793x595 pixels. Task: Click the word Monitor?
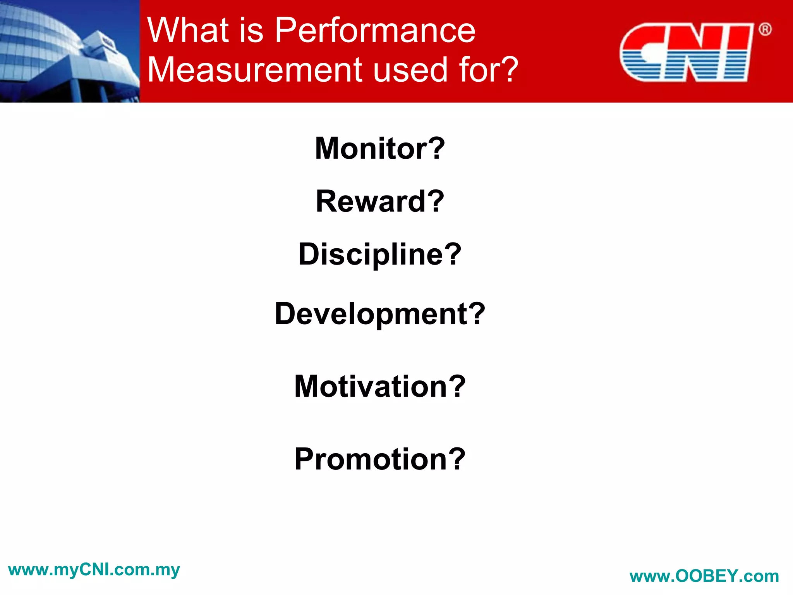click(x=380, y=149)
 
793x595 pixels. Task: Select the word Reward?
click(x=380, y=201)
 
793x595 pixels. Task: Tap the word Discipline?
click(x=380, y=255)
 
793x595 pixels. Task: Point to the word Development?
click(x=380, y=314)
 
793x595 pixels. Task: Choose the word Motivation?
click(x=380, y=387)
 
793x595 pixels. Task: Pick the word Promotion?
click(x=380, y=459)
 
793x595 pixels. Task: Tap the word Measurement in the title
click(x=255, y=70)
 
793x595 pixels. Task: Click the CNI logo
click(x=687, y=52)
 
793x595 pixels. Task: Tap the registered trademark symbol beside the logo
click(x=765, y=29)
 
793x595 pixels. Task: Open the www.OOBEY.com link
click(x=704, y=576)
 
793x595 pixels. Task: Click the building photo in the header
click(x=70, y=51)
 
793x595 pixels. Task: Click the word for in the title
click(x=477, y=70)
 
